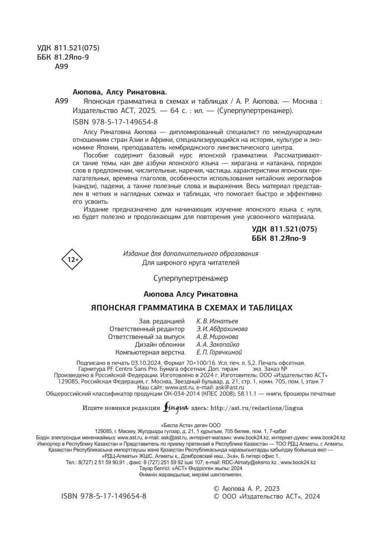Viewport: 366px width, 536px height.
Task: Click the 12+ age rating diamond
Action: pos(72,260)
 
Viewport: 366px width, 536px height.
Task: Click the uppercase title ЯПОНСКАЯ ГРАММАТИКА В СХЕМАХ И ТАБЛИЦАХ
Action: pos(192,308)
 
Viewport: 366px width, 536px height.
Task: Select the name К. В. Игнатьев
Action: pos(217,321)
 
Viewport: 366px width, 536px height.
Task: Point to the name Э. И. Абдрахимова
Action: pos(222,329)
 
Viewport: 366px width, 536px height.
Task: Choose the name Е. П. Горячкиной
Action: pos(219,352)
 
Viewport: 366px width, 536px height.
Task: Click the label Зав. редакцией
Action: pos(161,321)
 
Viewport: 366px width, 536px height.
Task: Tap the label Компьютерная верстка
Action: pos(150,352)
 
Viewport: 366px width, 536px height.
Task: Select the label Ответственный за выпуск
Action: pos(146,337)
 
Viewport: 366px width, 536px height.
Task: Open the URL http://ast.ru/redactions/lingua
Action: pos(257,408)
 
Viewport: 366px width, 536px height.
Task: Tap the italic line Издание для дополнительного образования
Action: pos(191,254)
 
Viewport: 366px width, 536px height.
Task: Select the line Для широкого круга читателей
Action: pos(191,263)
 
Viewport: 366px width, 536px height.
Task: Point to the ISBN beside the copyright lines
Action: pos(104,496)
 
